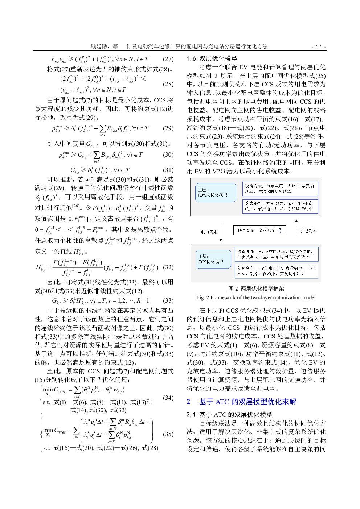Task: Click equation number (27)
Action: coord(168,59)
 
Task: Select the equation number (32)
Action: coord(168,267)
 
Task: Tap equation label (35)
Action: coord(168,434)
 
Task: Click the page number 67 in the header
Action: coord(318,46)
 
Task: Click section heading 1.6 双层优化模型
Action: coord(212,58)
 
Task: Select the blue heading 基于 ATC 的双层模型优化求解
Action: coord(247,402)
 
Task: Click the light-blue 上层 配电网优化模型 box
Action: coord(214,192)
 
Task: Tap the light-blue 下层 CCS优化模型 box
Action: coord(213,259)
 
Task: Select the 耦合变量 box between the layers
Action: coord(259,230)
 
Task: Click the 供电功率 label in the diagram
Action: coord(308,230)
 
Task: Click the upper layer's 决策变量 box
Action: coord(280,189)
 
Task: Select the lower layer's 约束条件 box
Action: coord(277,271)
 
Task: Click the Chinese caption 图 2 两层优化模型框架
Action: coord(256,289)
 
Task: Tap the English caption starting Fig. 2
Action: coord(256,297)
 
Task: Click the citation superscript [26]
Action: coord(75,206)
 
